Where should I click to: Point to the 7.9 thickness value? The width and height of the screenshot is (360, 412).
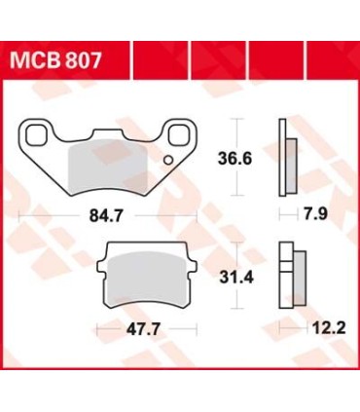pos(291,210)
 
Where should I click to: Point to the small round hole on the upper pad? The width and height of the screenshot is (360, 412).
pos(167,158)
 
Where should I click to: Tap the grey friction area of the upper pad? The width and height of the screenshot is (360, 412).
pos(107,166)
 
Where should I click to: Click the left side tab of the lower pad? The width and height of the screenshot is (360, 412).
pos(106,275)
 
